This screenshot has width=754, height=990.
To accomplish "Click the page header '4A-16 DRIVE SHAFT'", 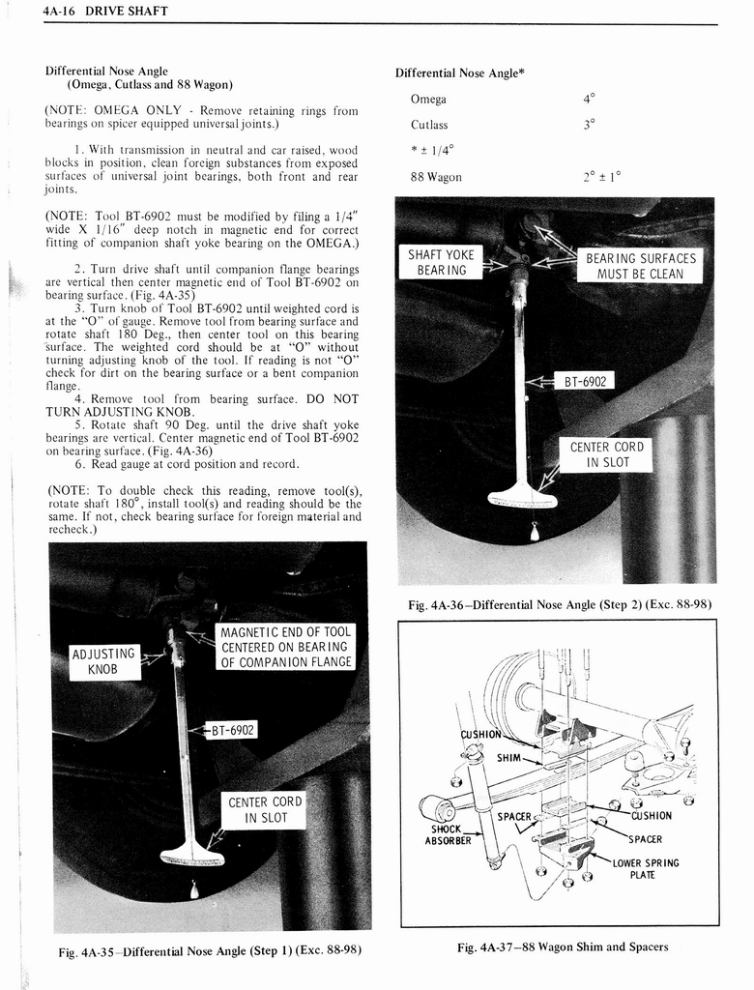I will pos(106,11).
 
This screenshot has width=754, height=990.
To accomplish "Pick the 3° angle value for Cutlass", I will pos(589,124).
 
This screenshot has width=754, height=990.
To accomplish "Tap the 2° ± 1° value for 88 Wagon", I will pos(601,176).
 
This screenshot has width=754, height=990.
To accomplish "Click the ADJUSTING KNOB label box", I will pos(104,661).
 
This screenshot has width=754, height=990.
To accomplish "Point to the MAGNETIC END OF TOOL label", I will pos(285,647).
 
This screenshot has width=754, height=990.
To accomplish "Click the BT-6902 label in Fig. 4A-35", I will pos(230,730).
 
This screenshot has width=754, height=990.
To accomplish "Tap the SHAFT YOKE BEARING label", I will pos(440,262).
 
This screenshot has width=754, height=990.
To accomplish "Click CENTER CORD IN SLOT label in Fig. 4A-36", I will pos(606,454).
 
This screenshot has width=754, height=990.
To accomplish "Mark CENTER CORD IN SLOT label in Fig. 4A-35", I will pos(264,810).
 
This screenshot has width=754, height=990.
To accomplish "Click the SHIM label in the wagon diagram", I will pos(508,757).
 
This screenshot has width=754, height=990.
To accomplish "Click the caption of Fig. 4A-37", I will pos(562,946).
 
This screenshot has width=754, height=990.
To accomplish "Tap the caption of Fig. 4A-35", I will pos(209,950).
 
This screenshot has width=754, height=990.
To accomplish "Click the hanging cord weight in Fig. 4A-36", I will pos(535,531).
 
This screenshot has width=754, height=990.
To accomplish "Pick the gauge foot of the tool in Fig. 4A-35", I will pos(192,855).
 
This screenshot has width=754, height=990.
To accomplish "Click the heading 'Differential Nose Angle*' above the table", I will pos(459,73).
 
